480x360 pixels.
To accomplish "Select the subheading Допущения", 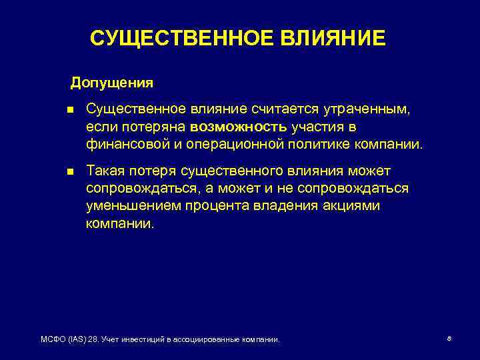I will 112,83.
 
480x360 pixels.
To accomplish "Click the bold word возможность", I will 239,127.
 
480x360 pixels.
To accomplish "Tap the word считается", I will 280,109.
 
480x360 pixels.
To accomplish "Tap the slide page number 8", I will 449,339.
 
